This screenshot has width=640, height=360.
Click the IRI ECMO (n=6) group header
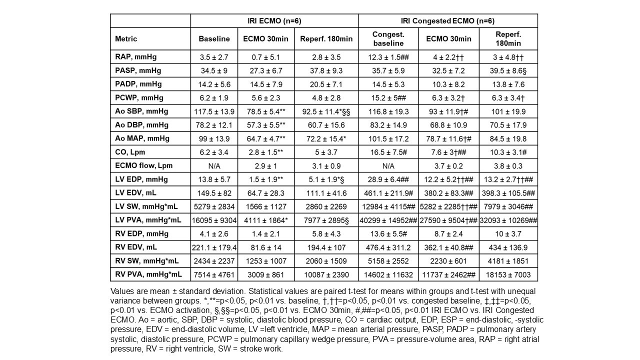[x=274, y=21]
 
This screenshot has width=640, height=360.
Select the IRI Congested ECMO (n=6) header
[x=448, y=21]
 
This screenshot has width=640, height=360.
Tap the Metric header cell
[x=126, y=39]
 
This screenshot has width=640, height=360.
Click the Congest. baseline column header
[x=388, y=39]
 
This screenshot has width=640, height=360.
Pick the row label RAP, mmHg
[x=129, y=57]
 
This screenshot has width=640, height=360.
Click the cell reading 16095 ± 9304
[x=214, y=219]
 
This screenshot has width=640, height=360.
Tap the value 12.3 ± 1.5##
[x=388, y=57]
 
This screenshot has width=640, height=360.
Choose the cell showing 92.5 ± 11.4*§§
[x=326, y=111]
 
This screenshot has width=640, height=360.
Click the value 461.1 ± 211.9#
[x=388, y=192]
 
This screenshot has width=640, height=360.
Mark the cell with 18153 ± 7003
[x=508, y=274]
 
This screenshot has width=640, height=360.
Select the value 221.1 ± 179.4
[x=214, y=247]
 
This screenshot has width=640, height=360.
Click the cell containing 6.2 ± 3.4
[x=214, y=152]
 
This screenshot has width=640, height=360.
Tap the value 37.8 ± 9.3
[x=326, y=70]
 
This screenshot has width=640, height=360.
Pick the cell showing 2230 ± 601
[x=448, y=260]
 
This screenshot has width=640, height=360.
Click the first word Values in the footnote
[x=121, y=291]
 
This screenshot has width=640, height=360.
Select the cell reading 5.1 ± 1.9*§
[x=326, y=179]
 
